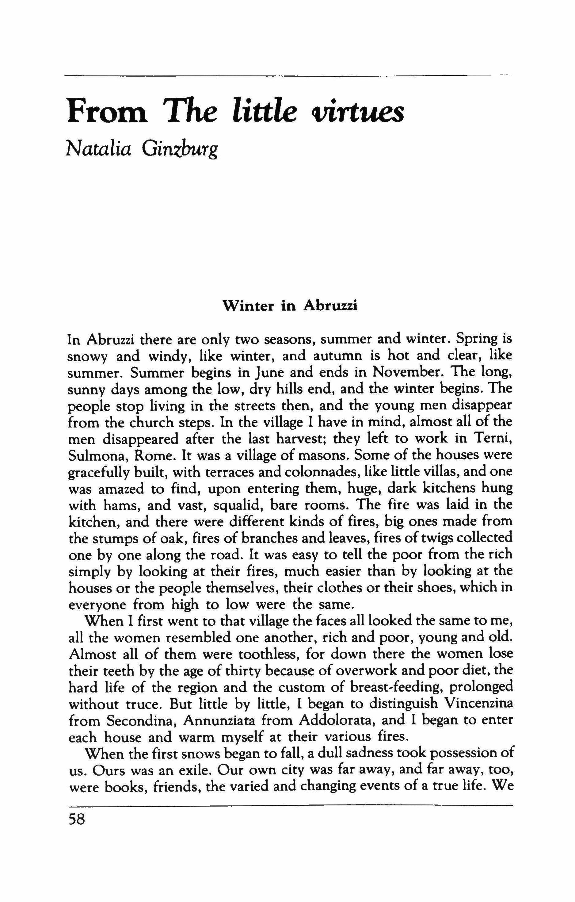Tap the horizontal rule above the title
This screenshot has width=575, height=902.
[x=287, y=76]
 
